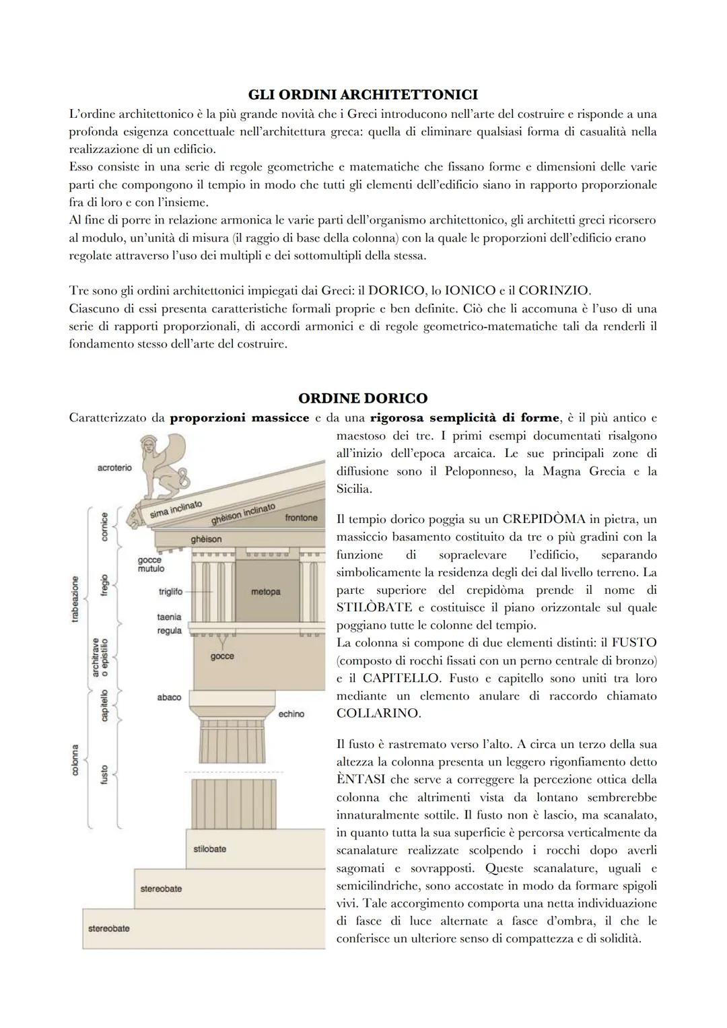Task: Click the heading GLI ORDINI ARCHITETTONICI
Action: (x=363, y=94)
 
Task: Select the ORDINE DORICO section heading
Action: (x=363, y=398)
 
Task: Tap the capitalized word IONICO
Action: (x=469, y=291)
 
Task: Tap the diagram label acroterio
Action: (x=114, y=467)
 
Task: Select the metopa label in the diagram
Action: (x=265, y=592)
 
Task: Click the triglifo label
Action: (x=170, y=592)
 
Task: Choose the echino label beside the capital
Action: (x=291, y=714)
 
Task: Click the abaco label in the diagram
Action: (x=169, y=697)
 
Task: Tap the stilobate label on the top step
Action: (x=209, y=849)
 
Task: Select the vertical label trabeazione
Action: (x=75, y=599)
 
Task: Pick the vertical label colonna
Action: (x=75, y=759)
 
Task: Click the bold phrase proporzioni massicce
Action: (x=240, y=417)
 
